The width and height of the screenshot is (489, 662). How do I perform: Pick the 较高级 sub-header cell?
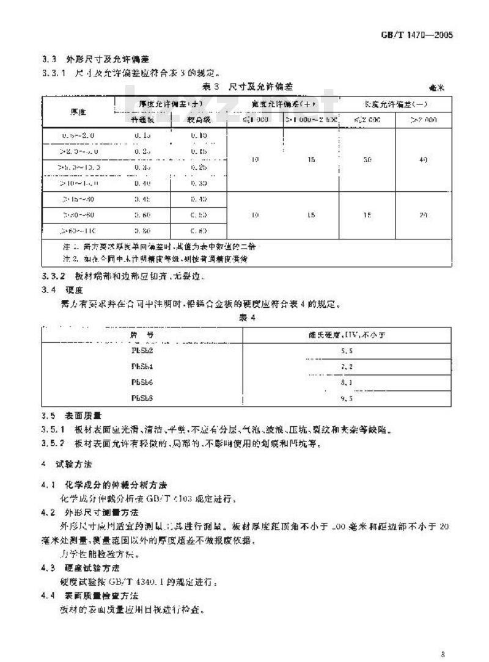click(198, 120)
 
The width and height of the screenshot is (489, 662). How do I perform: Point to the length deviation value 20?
click(423, 216)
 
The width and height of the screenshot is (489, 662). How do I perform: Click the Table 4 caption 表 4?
click(245, 318)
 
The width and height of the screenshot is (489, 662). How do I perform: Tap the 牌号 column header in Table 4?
click(141, 335)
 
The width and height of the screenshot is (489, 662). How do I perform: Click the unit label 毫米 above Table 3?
click(436, 88)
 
